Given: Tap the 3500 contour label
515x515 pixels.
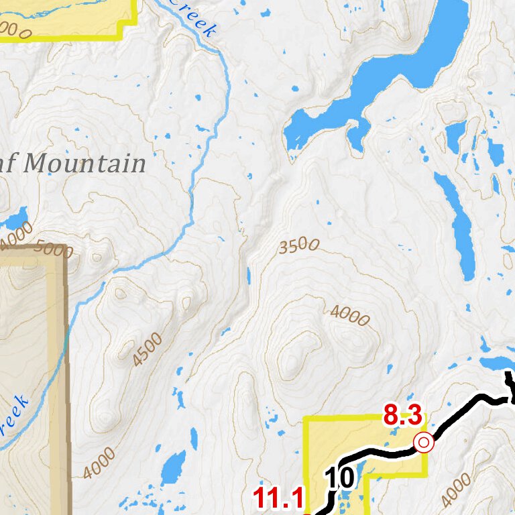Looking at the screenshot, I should tap(298, 245).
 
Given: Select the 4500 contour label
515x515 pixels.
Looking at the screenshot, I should tap(147, 349).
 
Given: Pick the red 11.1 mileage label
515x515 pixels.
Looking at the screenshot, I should tap(279, 499).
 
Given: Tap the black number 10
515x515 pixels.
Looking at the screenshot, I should tap(341, 479).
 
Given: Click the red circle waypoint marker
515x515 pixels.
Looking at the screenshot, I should tap(423, 443).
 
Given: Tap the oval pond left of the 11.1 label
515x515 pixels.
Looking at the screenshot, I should tap(174, 467).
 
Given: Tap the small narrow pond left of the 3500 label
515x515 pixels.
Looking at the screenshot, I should tap(248, 276).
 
